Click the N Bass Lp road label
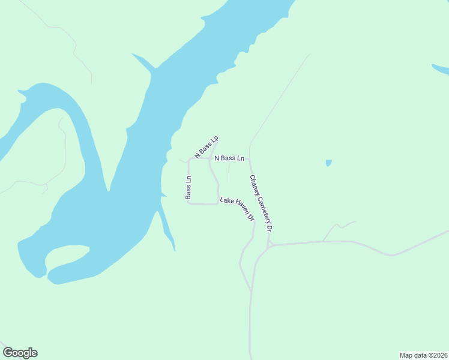point(206,146)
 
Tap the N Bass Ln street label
point(229,158)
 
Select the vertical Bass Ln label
point(188,187)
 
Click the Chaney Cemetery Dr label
point(262,203)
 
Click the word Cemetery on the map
point(262,204)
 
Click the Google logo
point(20,353)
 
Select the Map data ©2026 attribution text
point(423,355)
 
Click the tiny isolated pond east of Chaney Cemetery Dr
point(328,163)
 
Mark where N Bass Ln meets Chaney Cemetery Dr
point(250,159)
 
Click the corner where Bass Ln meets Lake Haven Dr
point(189,203)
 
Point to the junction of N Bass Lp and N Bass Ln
point(209,158)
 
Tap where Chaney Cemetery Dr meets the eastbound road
point(270,245)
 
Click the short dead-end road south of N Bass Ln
point(229,173)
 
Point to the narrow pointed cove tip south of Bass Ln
point(174,249)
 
